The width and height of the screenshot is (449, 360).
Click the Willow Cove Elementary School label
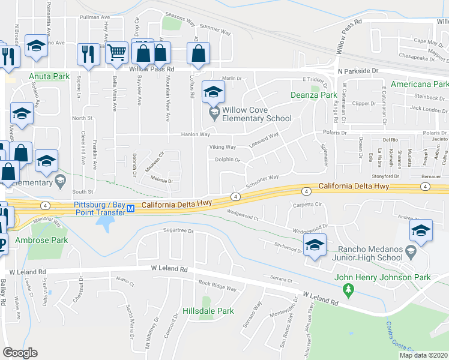point(256,114)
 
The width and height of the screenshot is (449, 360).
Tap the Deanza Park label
point(314,95)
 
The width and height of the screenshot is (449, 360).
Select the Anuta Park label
point(47,77)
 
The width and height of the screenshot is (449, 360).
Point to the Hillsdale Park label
point(208,311)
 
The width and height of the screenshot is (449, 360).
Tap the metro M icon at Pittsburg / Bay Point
point(130,208)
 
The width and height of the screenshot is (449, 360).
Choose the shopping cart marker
point(116,53)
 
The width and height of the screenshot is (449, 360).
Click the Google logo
point(19,353)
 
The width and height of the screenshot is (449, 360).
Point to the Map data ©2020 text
point(423,355)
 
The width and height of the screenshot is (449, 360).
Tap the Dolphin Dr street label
point(228,160)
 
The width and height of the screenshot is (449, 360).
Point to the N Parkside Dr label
point(360,70)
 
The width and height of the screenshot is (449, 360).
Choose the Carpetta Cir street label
point(309,205)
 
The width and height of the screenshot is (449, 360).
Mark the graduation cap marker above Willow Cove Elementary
point(212,92)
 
